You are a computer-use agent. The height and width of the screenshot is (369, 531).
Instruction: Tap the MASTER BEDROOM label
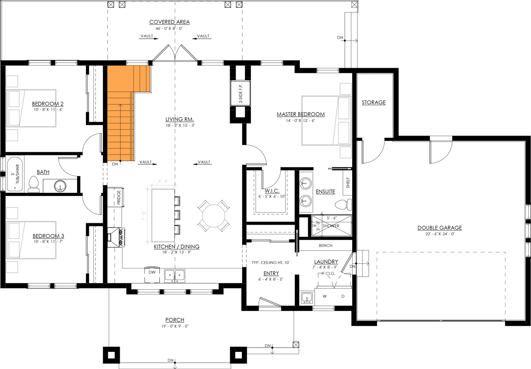[x=300, y=114]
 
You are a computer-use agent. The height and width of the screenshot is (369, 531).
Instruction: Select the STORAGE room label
[x=373, y=102]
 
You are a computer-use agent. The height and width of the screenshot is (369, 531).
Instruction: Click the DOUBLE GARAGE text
[x=439, y=227]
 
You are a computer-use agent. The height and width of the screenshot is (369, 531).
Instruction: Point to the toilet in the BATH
[x=33, y=184]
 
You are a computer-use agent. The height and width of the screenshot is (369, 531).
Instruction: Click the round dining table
[x=214, y=216]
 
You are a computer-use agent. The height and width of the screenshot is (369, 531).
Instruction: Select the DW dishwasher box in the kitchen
[x=152, y=272]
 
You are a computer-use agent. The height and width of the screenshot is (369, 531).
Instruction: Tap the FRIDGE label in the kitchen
[x=119, y=197]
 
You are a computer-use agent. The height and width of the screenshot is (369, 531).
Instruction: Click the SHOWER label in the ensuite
[x=331, y=226]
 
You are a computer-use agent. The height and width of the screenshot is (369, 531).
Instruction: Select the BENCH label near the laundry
[x=325, y=245]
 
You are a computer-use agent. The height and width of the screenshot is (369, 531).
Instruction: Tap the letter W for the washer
[x=324, y=296]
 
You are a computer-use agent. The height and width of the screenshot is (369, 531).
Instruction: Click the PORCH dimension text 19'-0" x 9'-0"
[x=175, y=326]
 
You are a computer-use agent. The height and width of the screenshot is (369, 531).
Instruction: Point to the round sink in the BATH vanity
[x=59, y=186]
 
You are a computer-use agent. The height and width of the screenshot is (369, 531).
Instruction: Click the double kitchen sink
[x=175, y=275]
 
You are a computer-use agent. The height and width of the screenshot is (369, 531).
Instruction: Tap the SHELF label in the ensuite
[x=348, y=183]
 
